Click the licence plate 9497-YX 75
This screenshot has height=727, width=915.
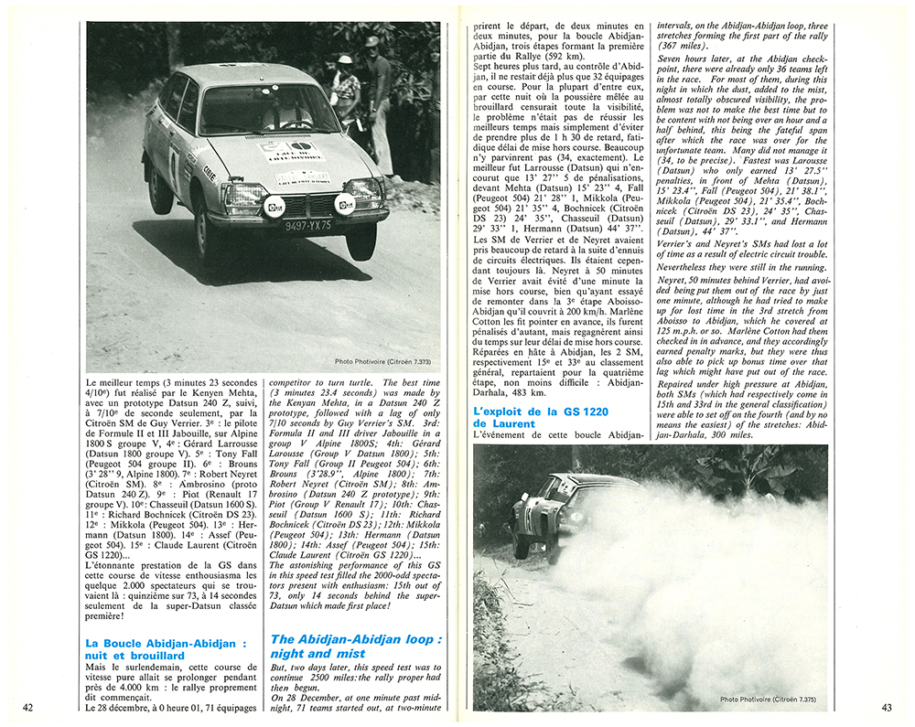(307, 225)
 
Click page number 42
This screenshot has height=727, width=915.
(28, 707)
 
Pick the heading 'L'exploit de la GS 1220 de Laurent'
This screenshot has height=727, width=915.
(528, 418)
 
